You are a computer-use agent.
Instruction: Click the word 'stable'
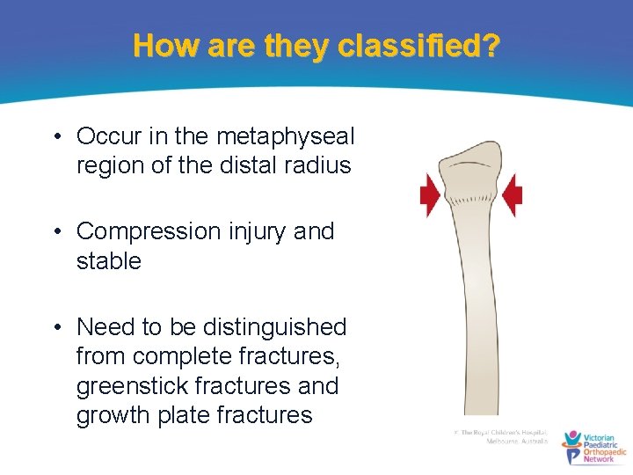pyautogui.click(x=109, y=260)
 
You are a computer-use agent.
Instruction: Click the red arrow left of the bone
pyautogui.click(x=430, y=195)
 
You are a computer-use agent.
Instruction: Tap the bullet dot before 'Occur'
pyautogui.click(x=57, y=137)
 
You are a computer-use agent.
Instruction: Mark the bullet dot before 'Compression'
pyautogui.click(x=57, y=232)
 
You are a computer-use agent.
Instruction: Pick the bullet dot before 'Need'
pyautogui.click(x=57, y=327)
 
